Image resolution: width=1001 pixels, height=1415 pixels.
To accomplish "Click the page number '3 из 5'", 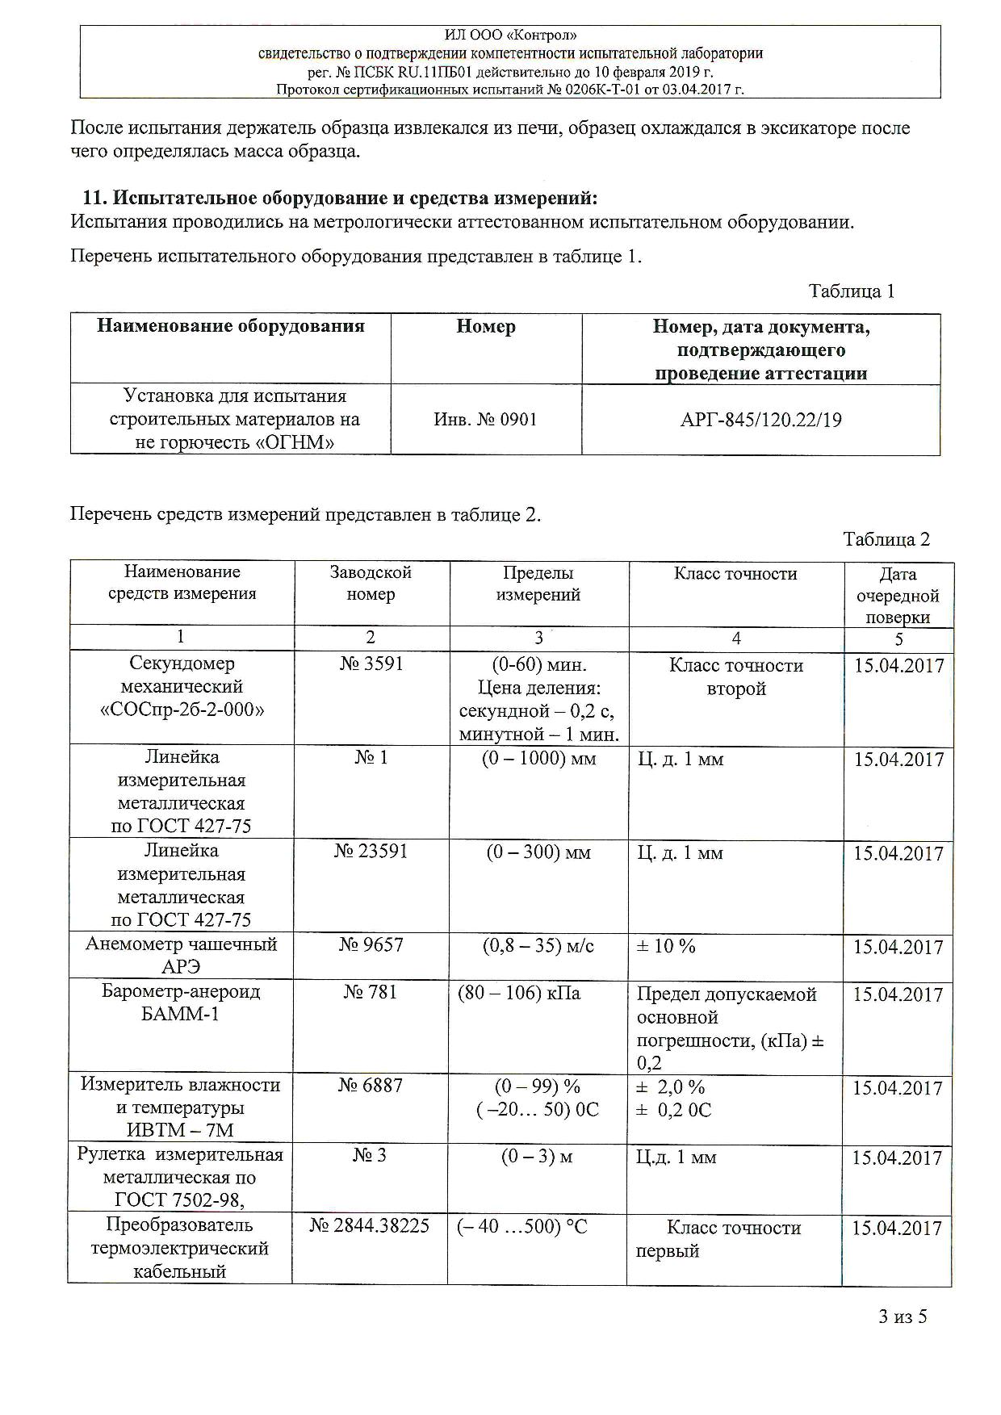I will tap(903, 1317).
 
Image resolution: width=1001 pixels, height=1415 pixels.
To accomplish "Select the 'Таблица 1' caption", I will tap(852, 291).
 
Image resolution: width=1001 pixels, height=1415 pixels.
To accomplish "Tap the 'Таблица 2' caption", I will tap(886, 539).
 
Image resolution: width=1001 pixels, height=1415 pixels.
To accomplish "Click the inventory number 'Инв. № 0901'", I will tap(485, 420).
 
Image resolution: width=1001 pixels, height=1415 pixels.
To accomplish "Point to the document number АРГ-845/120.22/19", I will tap(760, 420).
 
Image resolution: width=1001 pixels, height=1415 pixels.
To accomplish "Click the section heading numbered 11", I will tap(341, 198).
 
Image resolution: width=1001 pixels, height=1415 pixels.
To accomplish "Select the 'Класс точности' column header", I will tap(735, 574).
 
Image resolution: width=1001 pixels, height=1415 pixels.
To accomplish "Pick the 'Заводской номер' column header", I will tap(371, 583).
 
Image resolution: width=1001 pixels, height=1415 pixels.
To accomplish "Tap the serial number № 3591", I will tap(371, 664).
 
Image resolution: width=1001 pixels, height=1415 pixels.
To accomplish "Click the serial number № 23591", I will tap(371, 852).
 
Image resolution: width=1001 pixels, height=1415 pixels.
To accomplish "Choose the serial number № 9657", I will tap(371, 945).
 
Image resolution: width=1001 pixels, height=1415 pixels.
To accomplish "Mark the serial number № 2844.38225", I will tap(370, 1226).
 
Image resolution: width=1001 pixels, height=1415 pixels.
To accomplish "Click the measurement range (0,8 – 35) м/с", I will tap(538, 945).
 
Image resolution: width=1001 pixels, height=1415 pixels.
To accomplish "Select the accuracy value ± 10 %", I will tap(666, 946).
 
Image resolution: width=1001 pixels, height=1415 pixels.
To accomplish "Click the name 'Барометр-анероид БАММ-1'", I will tap(181, 1003).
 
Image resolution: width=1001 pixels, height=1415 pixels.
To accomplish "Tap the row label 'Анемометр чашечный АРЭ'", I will tap(181, 955).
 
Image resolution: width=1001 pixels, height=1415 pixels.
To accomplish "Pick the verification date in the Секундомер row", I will tap(898, 666).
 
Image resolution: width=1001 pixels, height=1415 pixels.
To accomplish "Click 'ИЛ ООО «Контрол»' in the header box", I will tap(510, 36).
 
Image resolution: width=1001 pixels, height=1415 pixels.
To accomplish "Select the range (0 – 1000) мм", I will tap(538, 759).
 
